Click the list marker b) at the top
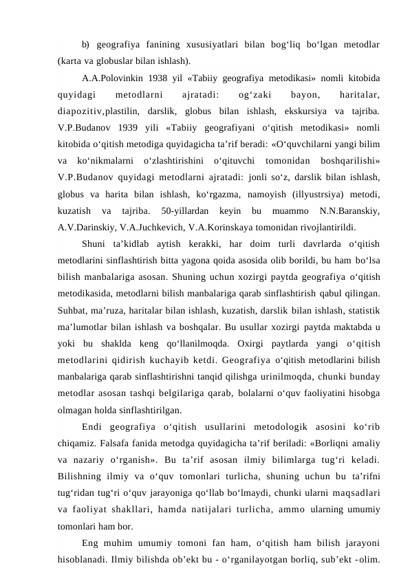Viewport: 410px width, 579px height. [85, 45]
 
